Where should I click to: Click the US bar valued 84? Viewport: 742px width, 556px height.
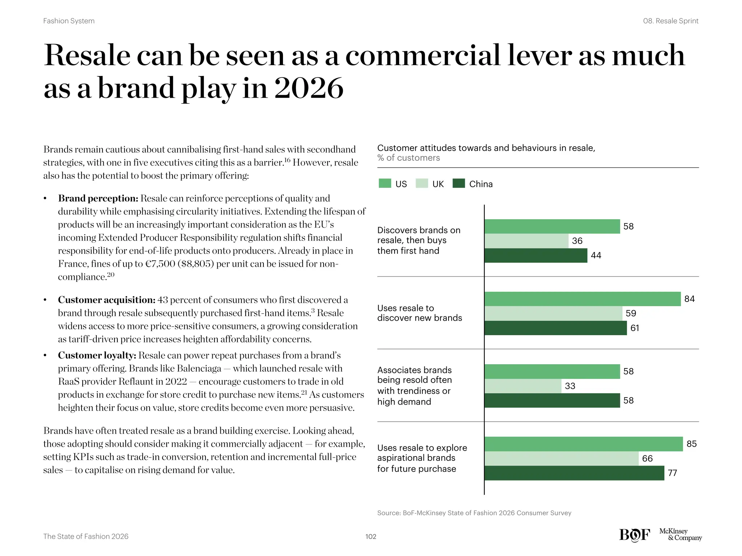tap(582, 299)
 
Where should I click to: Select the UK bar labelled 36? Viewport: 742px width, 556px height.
tap(526, 241)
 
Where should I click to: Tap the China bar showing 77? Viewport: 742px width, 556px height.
tap(574, 473)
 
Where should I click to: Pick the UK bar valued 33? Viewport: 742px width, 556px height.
tap(523, 386)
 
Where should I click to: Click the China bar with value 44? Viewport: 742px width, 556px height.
tap(535, 256)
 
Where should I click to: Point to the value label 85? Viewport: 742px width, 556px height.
tap(691, 444)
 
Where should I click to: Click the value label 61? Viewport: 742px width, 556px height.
tap(634, 328)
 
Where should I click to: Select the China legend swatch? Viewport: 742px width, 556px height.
tap(459, 184)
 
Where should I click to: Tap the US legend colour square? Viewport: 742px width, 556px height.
tap(385, 184)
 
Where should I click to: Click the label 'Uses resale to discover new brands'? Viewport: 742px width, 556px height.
tap(419, 313)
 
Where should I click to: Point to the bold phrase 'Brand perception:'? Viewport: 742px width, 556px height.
tap(98, 198)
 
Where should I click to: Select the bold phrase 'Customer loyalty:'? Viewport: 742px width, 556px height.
tap(97, 355)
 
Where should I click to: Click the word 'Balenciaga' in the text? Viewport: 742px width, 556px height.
tap(199, 368)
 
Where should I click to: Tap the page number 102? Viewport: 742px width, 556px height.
tap(371, 536)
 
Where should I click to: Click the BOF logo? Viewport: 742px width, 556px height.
tap(634, 535)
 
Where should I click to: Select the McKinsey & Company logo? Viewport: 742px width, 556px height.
tap(680, 535)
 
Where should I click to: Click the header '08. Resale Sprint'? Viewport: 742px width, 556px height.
tap(670, 21)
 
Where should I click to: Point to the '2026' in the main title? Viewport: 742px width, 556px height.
tap(308, 88)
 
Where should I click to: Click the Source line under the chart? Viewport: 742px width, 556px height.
tap(474, 513)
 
